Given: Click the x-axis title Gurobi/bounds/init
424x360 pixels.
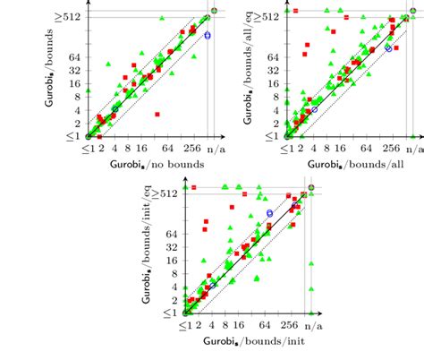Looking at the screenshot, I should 250,344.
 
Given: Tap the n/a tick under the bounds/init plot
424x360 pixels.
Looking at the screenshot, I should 312,328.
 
